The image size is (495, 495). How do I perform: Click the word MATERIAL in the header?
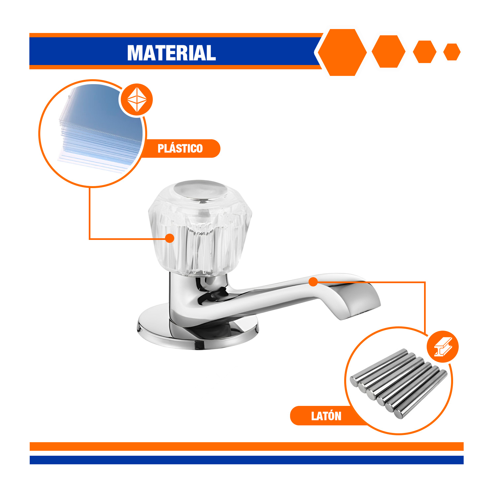tap(172, 53)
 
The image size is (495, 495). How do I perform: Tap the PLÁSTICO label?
tap(180, 148)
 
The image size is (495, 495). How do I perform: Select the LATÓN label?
tap(326, 416)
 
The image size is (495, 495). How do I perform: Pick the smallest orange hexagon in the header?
tap(452, 52)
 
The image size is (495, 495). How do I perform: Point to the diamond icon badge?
tap(137, 99)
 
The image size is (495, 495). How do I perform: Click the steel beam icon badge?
tap(443, 347)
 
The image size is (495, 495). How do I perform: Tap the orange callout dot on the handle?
tap(170, 238)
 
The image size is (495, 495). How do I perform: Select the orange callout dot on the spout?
tap(313, 282)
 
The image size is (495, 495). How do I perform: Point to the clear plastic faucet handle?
tap(200, 228)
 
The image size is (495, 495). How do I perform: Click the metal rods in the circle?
tap(399, 383)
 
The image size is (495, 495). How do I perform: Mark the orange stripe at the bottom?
tap(247, 446)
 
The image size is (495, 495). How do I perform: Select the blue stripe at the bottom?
tap(247, 460)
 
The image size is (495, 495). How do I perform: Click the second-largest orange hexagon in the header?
tap(388, 52)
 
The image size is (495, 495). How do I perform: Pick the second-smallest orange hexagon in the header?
tap(425, 52)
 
